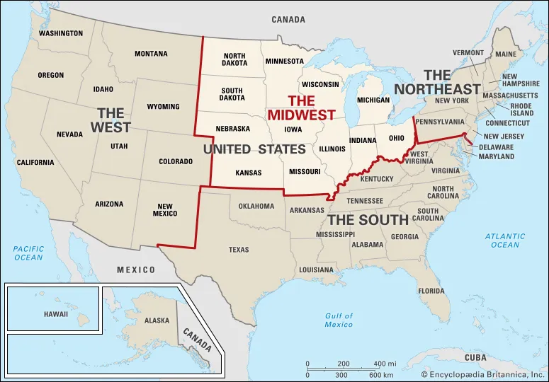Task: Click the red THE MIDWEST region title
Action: (x=301, y=108)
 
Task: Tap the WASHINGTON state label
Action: (x=61, y=33)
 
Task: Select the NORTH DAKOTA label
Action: (x=234, y=60)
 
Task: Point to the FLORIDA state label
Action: (x=431, y=291)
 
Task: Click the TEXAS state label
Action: (x=239, y=250)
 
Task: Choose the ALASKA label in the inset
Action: (x=157, y=320)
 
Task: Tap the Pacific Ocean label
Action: (x=28, y=253)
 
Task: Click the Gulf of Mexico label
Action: (x=339, y=320)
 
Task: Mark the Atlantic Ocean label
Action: (x=504, y=241)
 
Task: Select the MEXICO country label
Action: (x=136, y=270)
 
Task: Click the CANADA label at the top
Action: (x=288, y=20)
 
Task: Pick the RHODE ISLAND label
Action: (x=521, y=110)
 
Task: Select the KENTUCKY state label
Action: (x=376, y=179)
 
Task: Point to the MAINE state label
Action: (x=506, y=54)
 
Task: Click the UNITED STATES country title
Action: (x=254, y=149)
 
